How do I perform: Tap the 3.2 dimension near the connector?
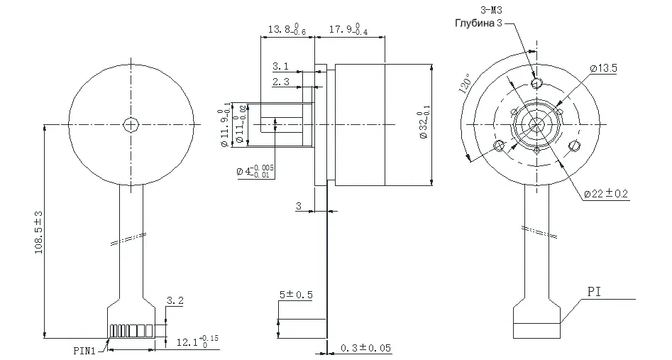point(175,302)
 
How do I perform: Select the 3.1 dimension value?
point(280,66)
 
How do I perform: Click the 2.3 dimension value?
point(280,83)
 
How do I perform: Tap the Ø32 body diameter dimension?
point(424,125)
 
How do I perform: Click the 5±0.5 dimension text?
point(296,294)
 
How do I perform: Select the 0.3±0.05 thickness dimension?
point(366,348)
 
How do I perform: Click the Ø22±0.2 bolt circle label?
point(606,193)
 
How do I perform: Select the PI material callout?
point(595,292)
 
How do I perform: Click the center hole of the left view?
point(131,125)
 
